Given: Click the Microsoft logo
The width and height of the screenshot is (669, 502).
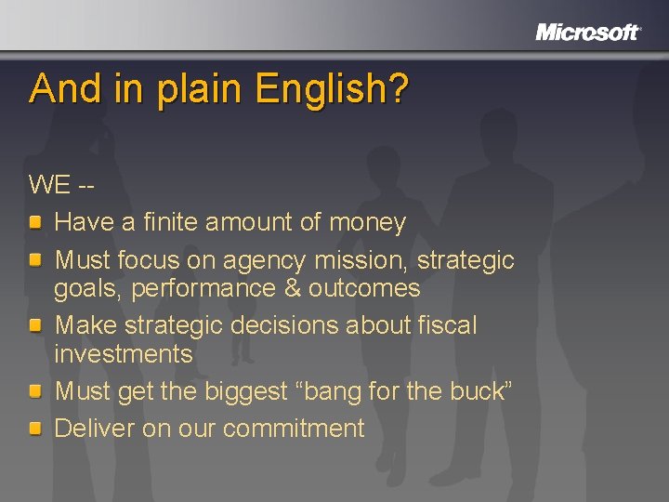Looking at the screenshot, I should point(588,33).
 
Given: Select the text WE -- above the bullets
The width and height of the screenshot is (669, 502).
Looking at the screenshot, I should point(61,184).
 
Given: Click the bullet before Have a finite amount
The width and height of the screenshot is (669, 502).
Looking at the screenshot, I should point(34,222).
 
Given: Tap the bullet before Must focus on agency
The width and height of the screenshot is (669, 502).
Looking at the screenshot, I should point(34,260).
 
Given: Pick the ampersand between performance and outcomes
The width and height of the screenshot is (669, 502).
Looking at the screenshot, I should point(292,288).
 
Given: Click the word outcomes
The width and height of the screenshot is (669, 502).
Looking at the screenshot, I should point(364,288).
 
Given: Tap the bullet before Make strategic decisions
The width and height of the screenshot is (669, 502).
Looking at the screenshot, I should point(34,325).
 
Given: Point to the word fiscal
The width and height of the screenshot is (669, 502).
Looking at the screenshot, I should point(444,325).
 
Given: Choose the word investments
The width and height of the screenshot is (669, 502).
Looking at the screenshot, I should point(124,354).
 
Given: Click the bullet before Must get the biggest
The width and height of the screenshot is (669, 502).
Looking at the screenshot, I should point(34,391).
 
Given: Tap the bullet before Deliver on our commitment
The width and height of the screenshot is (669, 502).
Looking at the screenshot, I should point(34,429).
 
